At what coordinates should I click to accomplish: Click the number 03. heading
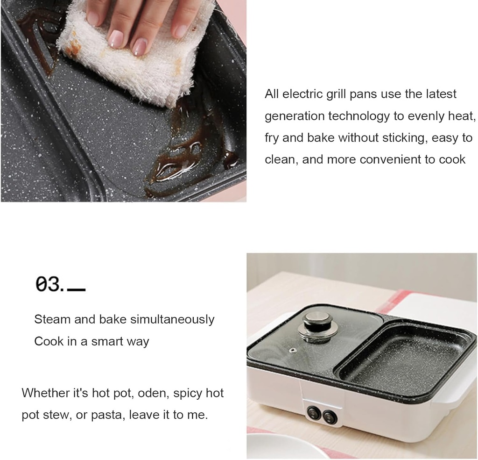(x=49, y=285)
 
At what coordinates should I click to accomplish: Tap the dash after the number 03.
(x=77, y=290)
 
